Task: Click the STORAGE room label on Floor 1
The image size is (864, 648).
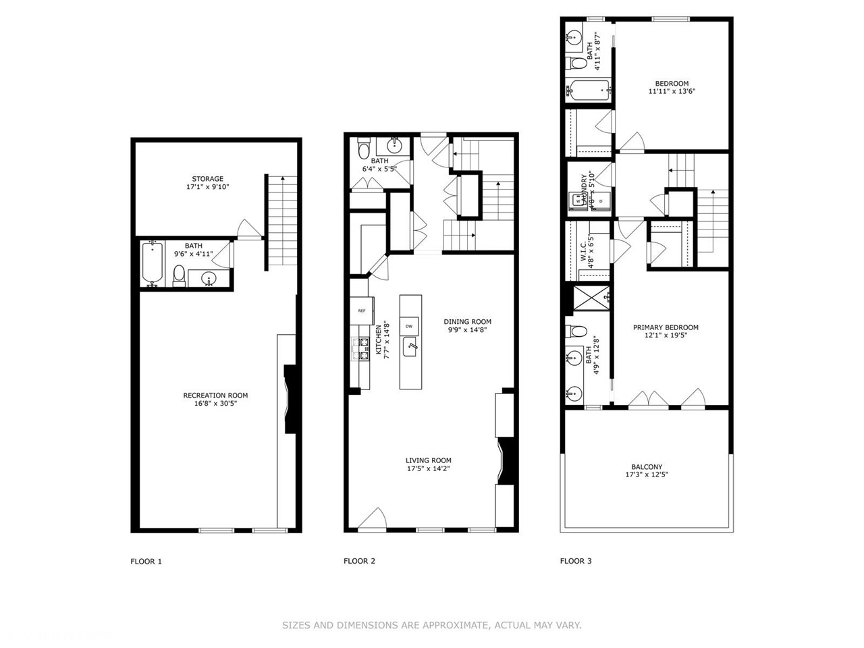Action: [x=207, y=179]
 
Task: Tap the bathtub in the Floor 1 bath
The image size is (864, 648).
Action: [x=152, y=264]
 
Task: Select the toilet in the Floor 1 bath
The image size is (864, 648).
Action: [x=180, y=275]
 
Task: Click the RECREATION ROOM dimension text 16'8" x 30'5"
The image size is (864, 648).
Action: [x=215, y=404]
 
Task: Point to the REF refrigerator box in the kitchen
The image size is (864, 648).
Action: [x=362, y=310]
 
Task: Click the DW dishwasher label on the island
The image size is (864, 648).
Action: [x=409, y=326]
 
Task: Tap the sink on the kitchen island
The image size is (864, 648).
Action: [x=410, y=348]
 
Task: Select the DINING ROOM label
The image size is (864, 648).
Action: [x=467, y=322]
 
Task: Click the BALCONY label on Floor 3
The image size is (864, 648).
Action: [x=647, y=466]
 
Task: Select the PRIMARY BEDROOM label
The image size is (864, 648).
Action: [x=666, y=327]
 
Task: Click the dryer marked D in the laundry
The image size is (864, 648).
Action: [x=601, y=201]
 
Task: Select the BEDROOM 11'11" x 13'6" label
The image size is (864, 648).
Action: [x=672, y=84]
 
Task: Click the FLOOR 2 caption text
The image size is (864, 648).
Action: [x=359, y=561]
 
